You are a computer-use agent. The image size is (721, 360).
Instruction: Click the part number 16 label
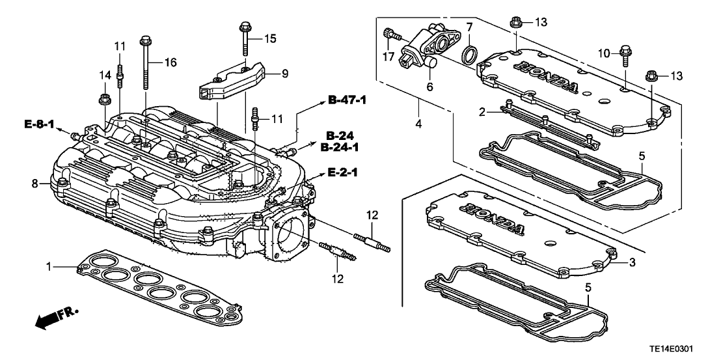click(170, 62)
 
